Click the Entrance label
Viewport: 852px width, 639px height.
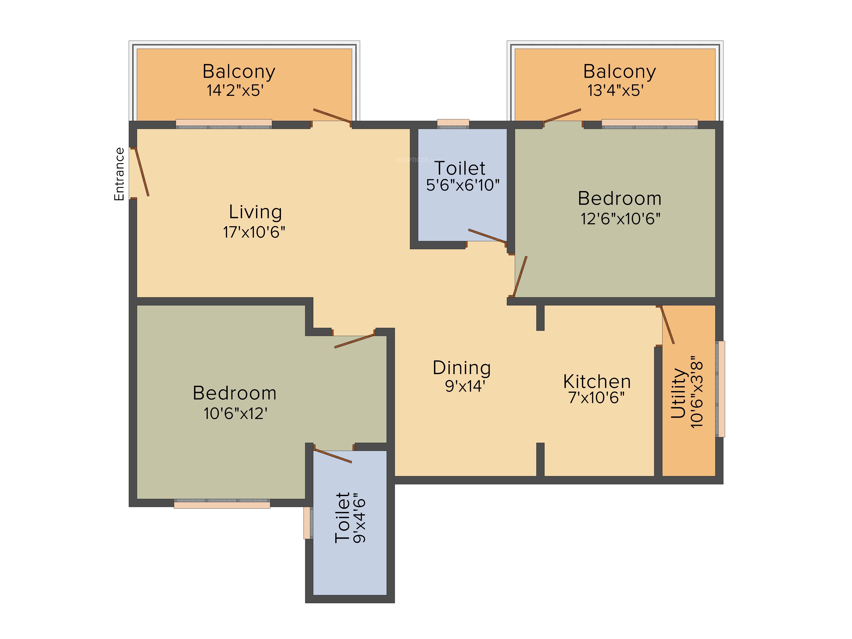[x=119, y=174]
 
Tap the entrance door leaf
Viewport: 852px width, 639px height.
[x=141, y=172]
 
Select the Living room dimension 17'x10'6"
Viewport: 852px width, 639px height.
[x=254, y=232]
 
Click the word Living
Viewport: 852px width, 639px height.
[x=255, y=212]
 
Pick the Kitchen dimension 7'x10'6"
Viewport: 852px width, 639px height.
[x=596, y=397]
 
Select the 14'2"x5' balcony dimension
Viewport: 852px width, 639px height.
[x=235, y=91]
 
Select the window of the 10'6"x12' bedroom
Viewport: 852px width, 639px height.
[x=222, y=504]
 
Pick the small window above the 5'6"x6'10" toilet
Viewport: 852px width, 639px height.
[x=453, y=124]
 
